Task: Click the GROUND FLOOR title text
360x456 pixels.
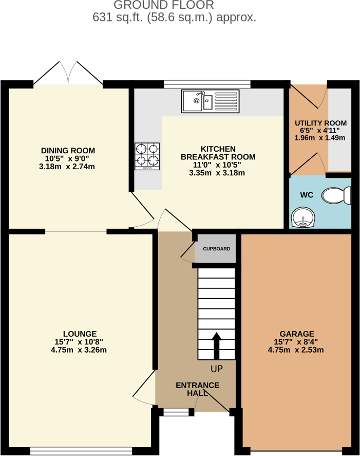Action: (x=163, y=6)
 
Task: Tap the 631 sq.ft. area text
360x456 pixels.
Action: (x=174, y=17)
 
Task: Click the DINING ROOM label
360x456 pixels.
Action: (x=68, y=150)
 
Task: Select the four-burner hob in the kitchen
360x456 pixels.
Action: (x=147, y=156)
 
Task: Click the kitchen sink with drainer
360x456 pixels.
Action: (x=210, y=101)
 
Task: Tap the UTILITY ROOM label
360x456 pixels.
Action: (x=320, y=123)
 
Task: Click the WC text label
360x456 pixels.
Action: (x=307, y=195)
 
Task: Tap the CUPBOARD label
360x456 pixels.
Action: (x=216, y=249)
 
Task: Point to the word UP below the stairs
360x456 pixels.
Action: (x=216, y=369)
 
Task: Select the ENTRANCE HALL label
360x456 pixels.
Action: (x=197, y=389)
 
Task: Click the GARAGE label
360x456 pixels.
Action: (x=296, y=334)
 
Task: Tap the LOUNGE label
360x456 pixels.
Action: (x=80, y=334)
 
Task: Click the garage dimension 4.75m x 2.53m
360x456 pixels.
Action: (x=296, y=350)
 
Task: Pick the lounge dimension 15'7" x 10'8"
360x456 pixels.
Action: (x=80, y=342)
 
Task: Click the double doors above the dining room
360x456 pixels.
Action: (x=68, y=73)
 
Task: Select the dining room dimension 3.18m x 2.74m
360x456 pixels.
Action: (x=68, y=167)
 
